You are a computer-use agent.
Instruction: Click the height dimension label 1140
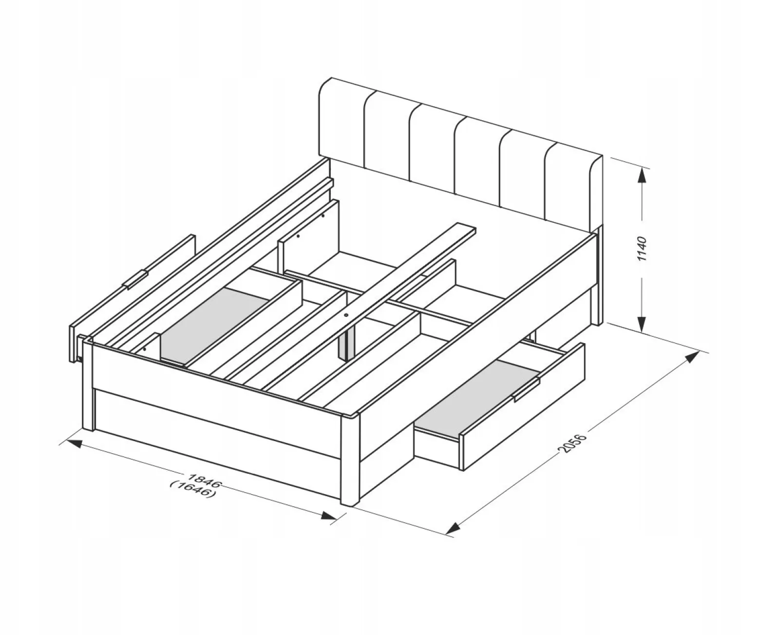[x=642, y=249]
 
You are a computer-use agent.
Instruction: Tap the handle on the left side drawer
[x=136, y=279]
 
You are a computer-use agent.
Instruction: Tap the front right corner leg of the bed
[x=350, y=461]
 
